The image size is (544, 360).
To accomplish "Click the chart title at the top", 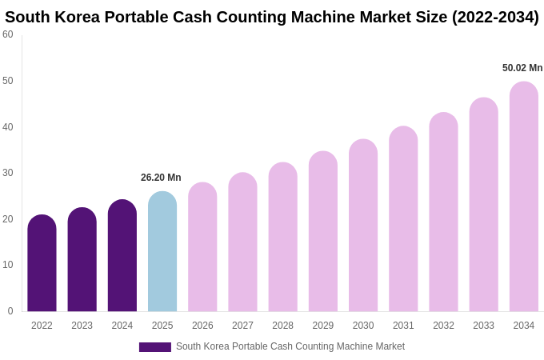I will pos(272,17).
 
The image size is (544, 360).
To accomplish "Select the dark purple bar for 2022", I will pos(42,264).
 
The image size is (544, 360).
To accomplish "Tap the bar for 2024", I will pos(122,256).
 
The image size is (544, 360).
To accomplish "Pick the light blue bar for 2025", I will pos(162,252).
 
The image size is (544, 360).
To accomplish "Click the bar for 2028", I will pos(282,238).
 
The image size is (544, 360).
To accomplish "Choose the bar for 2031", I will pos(403,220).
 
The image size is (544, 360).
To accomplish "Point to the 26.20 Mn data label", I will pos(161,178).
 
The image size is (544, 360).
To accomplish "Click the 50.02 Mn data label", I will pos(522,68).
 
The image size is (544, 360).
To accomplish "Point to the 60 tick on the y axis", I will pos(8,34).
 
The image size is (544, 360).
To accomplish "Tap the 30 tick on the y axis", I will pos(8,173).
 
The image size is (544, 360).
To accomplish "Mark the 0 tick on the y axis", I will pos(10,311).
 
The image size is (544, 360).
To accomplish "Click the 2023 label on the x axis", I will pos(82,326).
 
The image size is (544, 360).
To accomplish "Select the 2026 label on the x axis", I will pos(202,326).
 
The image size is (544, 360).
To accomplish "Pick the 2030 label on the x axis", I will pos(363,326).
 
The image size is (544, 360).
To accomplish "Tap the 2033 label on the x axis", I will pos(483,326).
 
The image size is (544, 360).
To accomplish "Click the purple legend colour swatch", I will pos(155,347).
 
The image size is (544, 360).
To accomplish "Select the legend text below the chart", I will pos(290,346).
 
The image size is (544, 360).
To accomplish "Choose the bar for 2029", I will pos(323,232).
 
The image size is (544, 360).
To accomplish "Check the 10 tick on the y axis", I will pos(8,265).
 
